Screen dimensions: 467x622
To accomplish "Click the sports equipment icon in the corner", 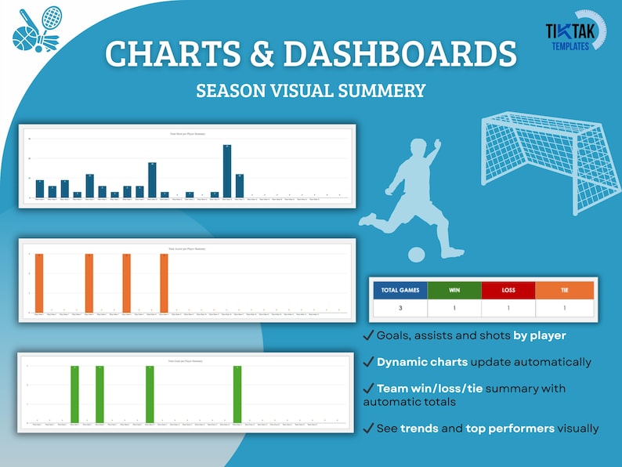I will (38, 30).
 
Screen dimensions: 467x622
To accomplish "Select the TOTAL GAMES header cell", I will (400, 290).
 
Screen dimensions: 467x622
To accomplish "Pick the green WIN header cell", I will (455, 290).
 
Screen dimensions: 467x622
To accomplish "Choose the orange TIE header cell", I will (565, 290).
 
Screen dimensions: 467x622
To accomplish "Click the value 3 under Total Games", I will (400, 309).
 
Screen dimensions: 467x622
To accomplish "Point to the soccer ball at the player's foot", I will (417, 254).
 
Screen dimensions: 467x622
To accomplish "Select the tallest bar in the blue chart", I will (227, 171).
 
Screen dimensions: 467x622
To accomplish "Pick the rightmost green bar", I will (237, 393).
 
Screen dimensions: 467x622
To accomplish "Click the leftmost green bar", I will (74, 393).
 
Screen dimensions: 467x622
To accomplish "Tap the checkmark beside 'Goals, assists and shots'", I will (368, 335).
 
